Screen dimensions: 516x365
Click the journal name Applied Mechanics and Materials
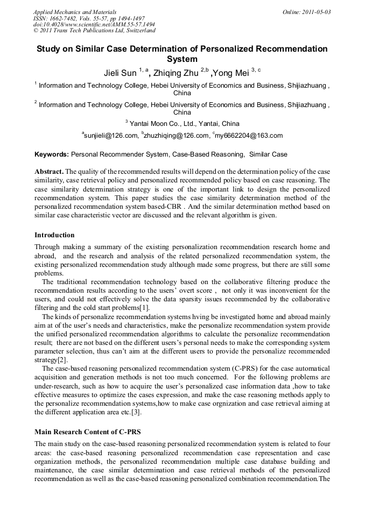coord(75,11)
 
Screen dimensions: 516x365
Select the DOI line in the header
coord(94,24)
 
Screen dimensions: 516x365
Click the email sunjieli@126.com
coord(111,136)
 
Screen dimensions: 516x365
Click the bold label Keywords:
coord(52,154)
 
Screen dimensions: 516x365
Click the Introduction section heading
coord(54,235)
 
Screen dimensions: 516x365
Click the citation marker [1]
coord(144,308)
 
